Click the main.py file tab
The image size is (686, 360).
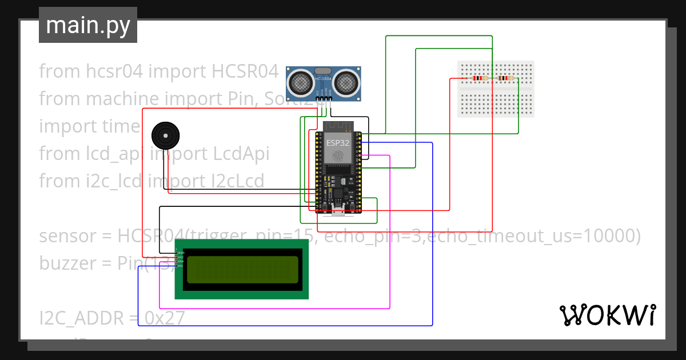[87, 25]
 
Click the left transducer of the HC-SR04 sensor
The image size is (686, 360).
[300, 83]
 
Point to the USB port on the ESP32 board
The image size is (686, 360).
[338, 211]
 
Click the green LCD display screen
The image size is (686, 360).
[242, 269]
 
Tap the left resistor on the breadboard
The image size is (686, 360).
[480, 79]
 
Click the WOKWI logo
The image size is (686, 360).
[607, 315]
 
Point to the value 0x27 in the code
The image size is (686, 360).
[165, 317]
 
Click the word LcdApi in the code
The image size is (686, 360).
[240, 154]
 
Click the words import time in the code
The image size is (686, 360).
[89, 126]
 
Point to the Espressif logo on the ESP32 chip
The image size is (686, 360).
[337, 155]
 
